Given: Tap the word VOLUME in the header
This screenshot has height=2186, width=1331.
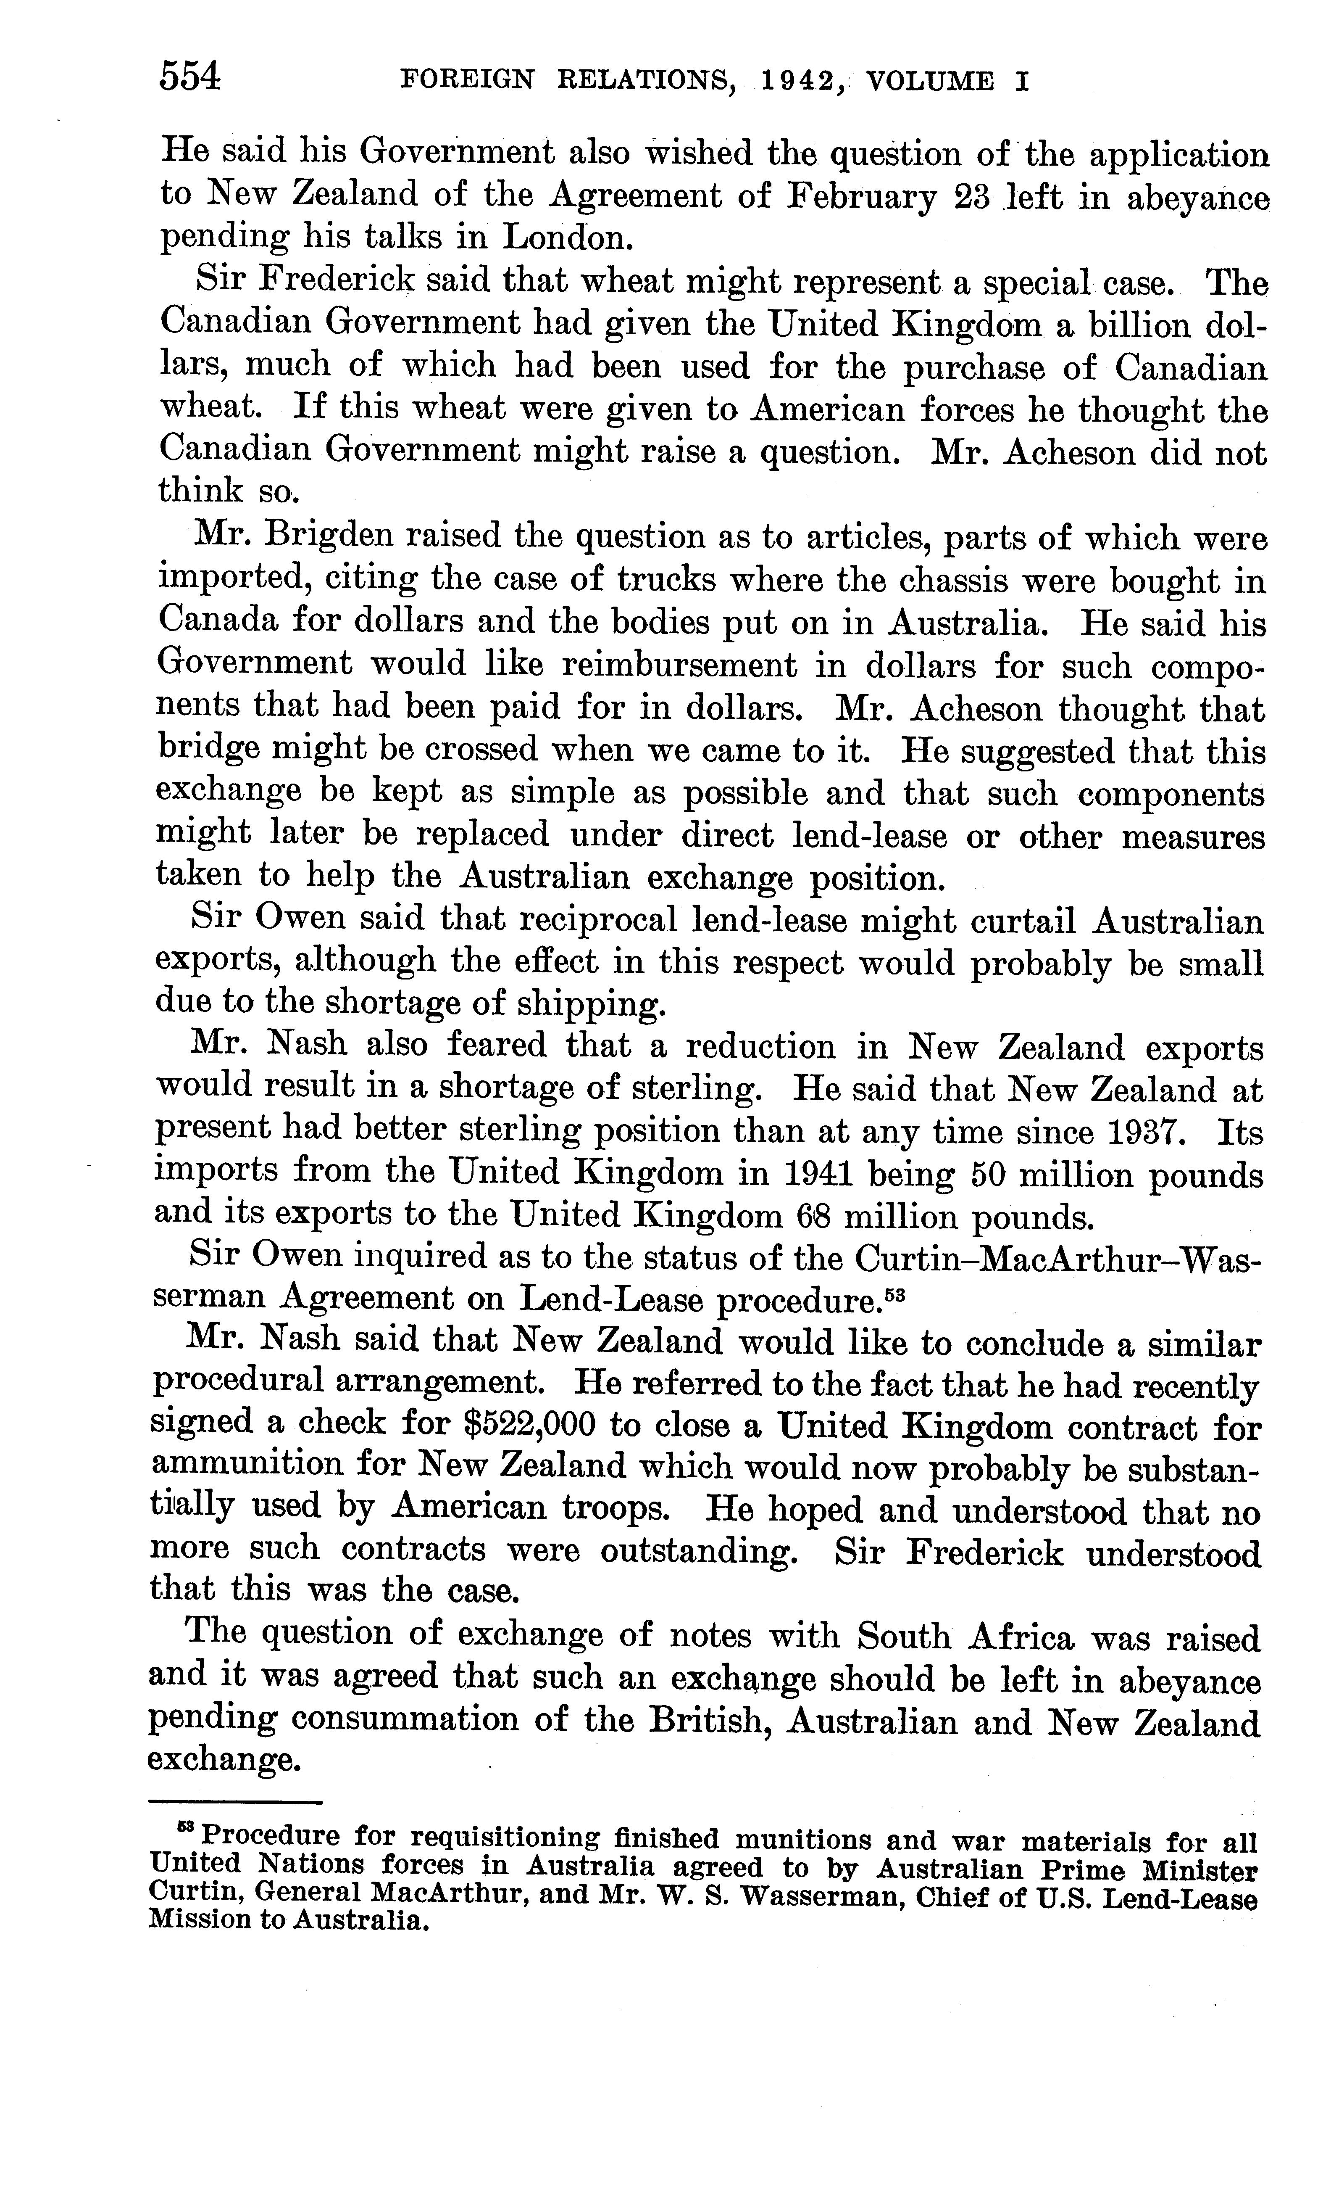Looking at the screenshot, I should coord(929,82).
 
